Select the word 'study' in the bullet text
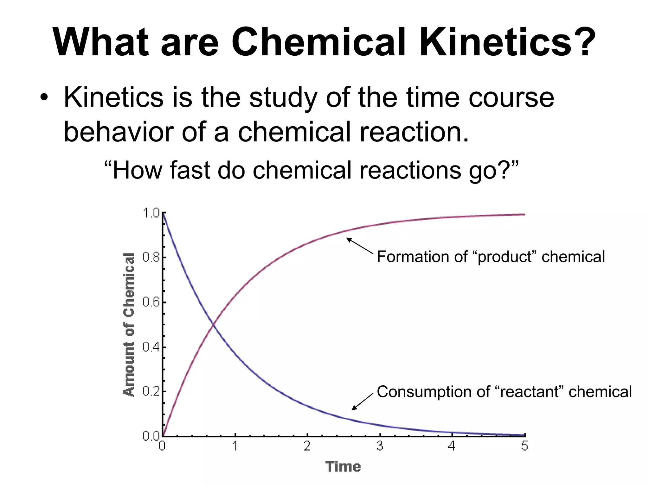[283, 98]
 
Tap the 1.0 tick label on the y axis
[151, 213]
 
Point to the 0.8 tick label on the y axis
[151, 257]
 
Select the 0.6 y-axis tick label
[151, 302]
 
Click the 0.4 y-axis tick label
[151, 347]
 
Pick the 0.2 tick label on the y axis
[151, 391]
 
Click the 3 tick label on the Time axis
[380, 446]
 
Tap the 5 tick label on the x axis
[524, 446]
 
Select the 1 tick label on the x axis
[235, 446]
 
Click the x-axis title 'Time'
[343, 467]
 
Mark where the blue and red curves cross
[213, 324]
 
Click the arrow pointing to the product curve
[360, 246]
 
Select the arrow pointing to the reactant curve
[363, 402]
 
